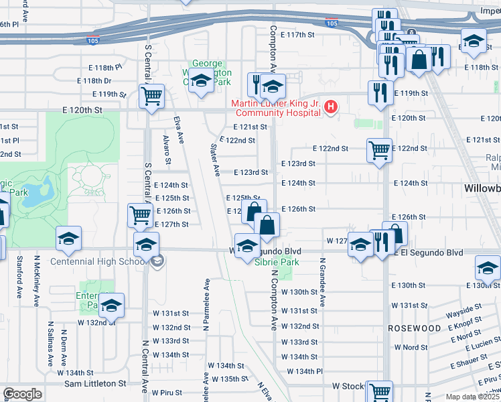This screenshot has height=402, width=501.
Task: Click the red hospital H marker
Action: point(330,107)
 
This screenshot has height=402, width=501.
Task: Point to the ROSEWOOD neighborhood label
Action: point(414,328)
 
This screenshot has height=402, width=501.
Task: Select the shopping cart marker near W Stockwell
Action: point(380,391)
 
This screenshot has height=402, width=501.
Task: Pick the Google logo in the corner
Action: point(22,394)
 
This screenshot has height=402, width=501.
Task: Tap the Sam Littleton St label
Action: point(95,384)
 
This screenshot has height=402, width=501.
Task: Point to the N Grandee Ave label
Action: point(322,282)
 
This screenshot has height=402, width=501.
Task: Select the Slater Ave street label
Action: point(216,160)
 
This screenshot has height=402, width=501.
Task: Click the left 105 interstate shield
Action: point(93,41)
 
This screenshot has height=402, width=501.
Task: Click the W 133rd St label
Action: point(299,342)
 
